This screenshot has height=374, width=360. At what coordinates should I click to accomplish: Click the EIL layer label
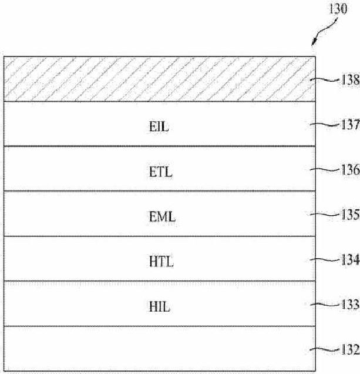click(159, 126)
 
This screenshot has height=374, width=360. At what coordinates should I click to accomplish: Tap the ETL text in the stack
click(160, 172)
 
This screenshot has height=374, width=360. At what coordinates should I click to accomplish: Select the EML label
click(162, 217)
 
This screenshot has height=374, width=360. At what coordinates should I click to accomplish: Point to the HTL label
click(162, 262)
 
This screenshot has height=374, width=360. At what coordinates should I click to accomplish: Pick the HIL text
click(159, 306)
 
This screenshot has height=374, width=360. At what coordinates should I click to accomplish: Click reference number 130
click(338, 9)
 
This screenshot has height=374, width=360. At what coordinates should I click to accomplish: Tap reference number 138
click(351, 79)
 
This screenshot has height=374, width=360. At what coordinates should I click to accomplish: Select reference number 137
click(351, 125)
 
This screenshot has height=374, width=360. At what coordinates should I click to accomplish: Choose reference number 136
click(351, 169)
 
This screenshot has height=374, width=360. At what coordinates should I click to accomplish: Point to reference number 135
click(351, 215)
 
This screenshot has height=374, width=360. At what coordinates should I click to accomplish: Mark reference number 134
click(351, 259)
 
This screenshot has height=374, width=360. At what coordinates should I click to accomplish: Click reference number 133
click(351, 305)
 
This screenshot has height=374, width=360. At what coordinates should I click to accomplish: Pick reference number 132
click(351, 349)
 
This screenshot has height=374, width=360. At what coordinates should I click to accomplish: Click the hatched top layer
click(160, 79)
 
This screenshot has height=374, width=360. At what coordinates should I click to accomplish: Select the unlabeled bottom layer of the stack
click(160, 349)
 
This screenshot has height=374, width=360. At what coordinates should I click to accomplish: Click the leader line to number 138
click(325, 80)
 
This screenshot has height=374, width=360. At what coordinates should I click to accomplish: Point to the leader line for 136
click(325, 170)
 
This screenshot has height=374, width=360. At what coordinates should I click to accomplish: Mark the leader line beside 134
click(325, 260)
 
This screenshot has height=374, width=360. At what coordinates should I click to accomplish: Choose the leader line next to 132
click(325, 350)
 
